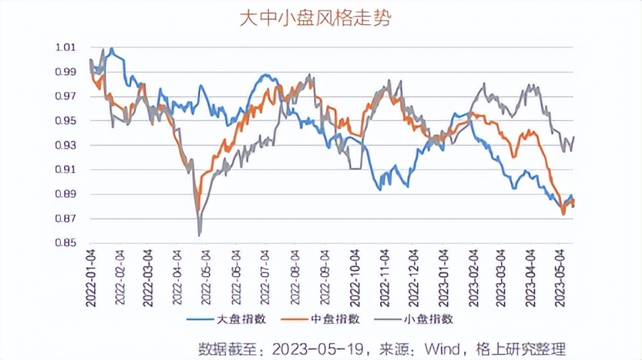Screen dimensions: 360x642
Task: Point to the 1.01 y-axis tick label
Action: (65, 48)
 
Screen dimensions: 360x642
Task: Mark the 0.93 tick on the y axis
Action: (65, 145)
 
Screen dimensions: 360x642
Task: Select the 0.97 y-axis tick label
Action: (65, 96)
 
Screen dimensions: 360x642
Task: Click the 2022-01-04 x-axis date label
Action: (90, 277)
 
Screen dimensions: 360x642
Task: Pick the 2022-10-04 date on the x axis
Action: (355, 277)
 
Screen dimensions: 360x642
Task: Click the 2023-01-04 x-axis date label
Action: (443, 277)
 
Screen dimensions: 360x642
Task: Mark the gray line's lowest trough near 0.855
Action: (199, 235)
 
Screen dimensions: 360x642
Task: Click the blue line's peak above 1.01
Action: (111, 48)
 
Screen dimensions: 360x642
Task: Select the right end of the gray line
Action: (574, 137)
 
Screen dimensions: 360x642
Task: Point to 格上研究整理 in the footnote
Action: (523, 349)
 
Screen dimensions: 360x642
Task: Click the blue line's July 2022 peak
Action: (265, 75)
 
